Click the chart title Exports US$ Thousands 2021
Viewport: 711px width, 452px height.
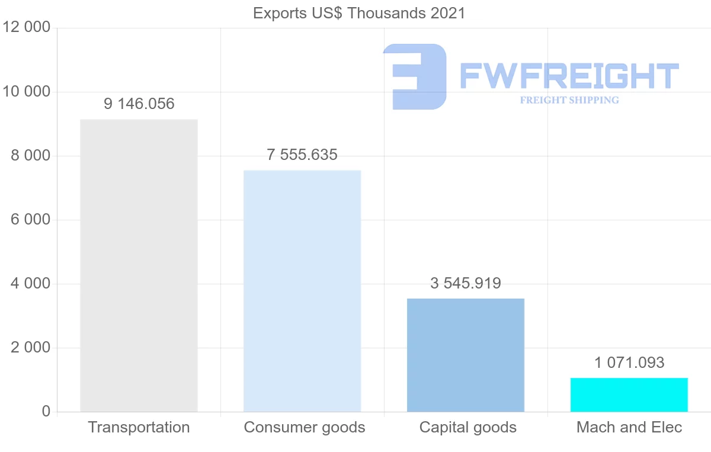[x=359, y=12]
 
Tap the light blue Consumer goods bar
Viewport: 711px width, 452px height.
[x=302, y=291]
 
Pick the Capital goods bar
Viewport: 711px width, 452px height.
[x=466, y=355]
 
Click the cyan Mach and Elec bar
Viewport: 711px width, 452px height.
[x=629, y=395]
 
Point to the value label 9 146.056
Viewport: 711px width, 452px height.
[x=139, y=104]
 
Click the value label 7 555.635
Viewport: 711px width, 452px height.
[x=302, y=155]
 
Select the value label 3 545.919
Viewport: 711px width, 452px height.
[x=466, y=284]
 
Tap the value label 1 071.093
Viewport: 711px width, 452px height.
[x=629, y=363]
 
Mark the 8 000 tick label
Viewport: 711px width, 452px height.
[x=30, y=156]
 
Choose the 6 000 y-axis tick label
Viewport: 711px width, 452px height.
[x=30, y=220]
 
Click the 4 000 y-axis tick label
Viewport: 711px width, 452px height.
[x=30, y=284]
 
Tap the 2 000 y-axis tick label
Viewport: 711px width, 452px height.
[x=30, y=348]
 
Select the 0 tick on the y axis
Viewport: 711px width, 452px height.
[x=46, y=412]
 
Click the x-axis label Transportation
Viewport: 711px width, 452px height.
[x=139, y=428]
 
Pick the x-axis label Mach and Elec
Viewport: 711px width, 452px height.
[x=629, y=428]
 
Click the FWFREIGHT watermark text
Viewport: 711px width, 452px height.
[x=569, y=76]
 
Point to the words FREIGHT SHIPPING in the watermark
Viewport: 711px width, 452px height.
[x=569, y=100]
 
